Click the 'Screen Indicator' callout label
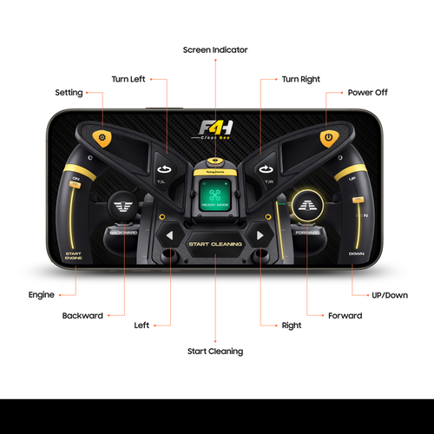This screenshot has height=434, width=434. click(215, 49)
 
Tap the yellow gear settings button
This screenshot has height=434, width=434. click(102, 138)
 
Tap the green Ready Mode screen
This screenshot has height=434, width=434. click(214, 194)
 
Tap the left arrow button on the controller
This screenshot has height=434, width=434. click(170, 236)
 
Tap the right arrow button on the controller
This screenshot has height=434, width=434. click(259, 236)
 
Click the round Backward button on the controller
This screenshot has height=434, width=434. click(122, 208)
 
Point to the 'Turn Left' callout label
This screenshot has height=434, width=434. click(128, 79)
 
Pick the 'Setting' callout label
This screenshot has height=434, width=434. click(69, 92)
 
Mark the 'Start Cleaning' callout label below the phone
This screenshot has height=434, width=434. click(215, 352)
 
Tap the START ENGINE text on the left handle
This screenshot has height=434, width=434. click(73, 256)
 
